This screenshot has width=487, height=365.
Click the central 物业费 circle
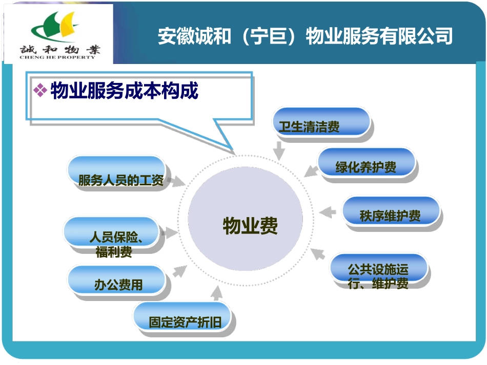pyautogui.click(x=250, y=226)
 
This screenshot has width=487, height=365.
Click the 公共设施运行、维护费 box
pyautogui.click(x=379, y=270)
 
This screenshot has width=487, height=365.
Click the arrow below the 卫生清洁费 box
pyautogui.click(x=279, y=150)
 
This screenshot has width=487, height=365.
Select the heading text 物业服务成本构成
pyautogui.click(x=125, y=91)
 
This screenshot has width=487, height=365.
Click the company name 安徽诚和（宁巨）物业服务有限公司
pyautogui.click(x=305, y=36)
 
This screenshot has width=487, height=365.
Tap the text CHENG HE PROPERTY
pyautogui.click(x=57, y=57)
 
